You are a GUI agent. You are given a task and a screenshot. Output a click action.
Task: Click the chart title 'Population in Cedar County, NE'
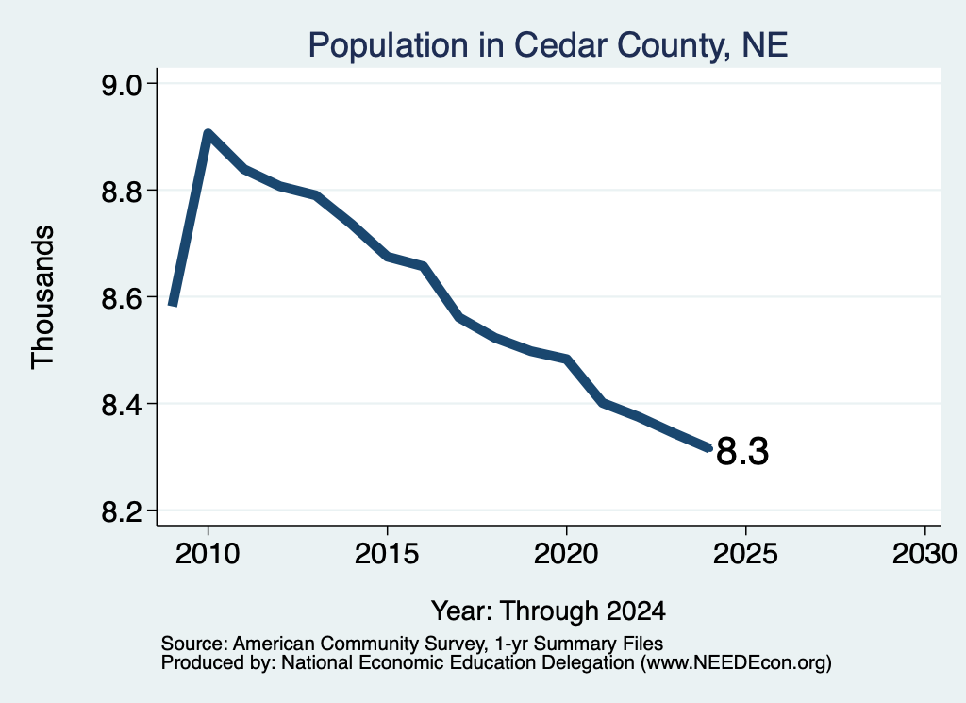(x=548, y=45)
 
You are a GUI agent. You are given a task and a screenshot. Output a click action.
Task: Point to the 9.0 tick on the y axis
(x=121, y=84)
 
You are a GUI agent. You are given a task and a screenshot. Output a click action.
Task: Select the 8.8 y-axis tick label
(x=121, y=191)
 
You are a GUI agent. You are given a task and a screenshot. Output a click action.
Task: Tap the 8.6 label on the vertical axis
(x=121, y=297)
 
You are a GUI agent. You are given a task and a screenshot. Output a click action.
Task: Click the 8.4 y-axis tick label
(x=121, y=404)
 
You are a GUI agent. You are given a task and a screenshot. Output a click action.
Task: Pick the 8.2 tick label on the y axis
(x=121, y=511)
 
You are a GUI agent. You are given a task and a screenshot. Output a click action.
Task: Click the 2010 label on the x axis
(x=208, y=554)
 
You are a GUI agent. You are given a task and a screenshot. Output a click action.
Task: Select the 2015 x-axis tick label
(x=387, y=554)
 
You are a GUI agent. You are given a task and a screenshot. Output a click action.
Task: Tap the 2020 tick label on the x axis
(x=566, y=554)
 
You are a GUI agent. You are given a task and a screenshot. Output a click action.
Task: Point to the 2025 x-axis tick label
(x=745, y=554)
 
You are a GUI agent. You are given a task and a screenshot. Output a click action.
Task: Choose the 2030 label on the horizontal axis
(x=924, y=554)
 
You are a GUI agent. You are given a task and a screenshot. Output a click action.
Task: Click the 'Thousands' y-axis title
(x=43, y=297)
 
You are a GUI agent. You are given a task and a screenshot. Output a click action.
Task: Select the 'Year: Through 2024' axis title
(x=548, y=611)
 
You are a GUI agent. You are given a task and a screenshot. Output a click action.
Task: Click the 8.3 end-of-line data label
(x=742, y=451)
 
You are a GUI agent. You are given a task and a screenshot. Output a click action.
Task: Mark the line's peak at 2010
(x=208, y=134)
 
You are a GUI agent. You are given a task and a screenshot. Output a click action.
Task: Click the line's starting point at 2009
(x=174, y=303)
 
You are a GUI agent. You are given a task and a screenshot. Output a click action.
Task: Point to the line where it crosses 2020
(x=566, y=360)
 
